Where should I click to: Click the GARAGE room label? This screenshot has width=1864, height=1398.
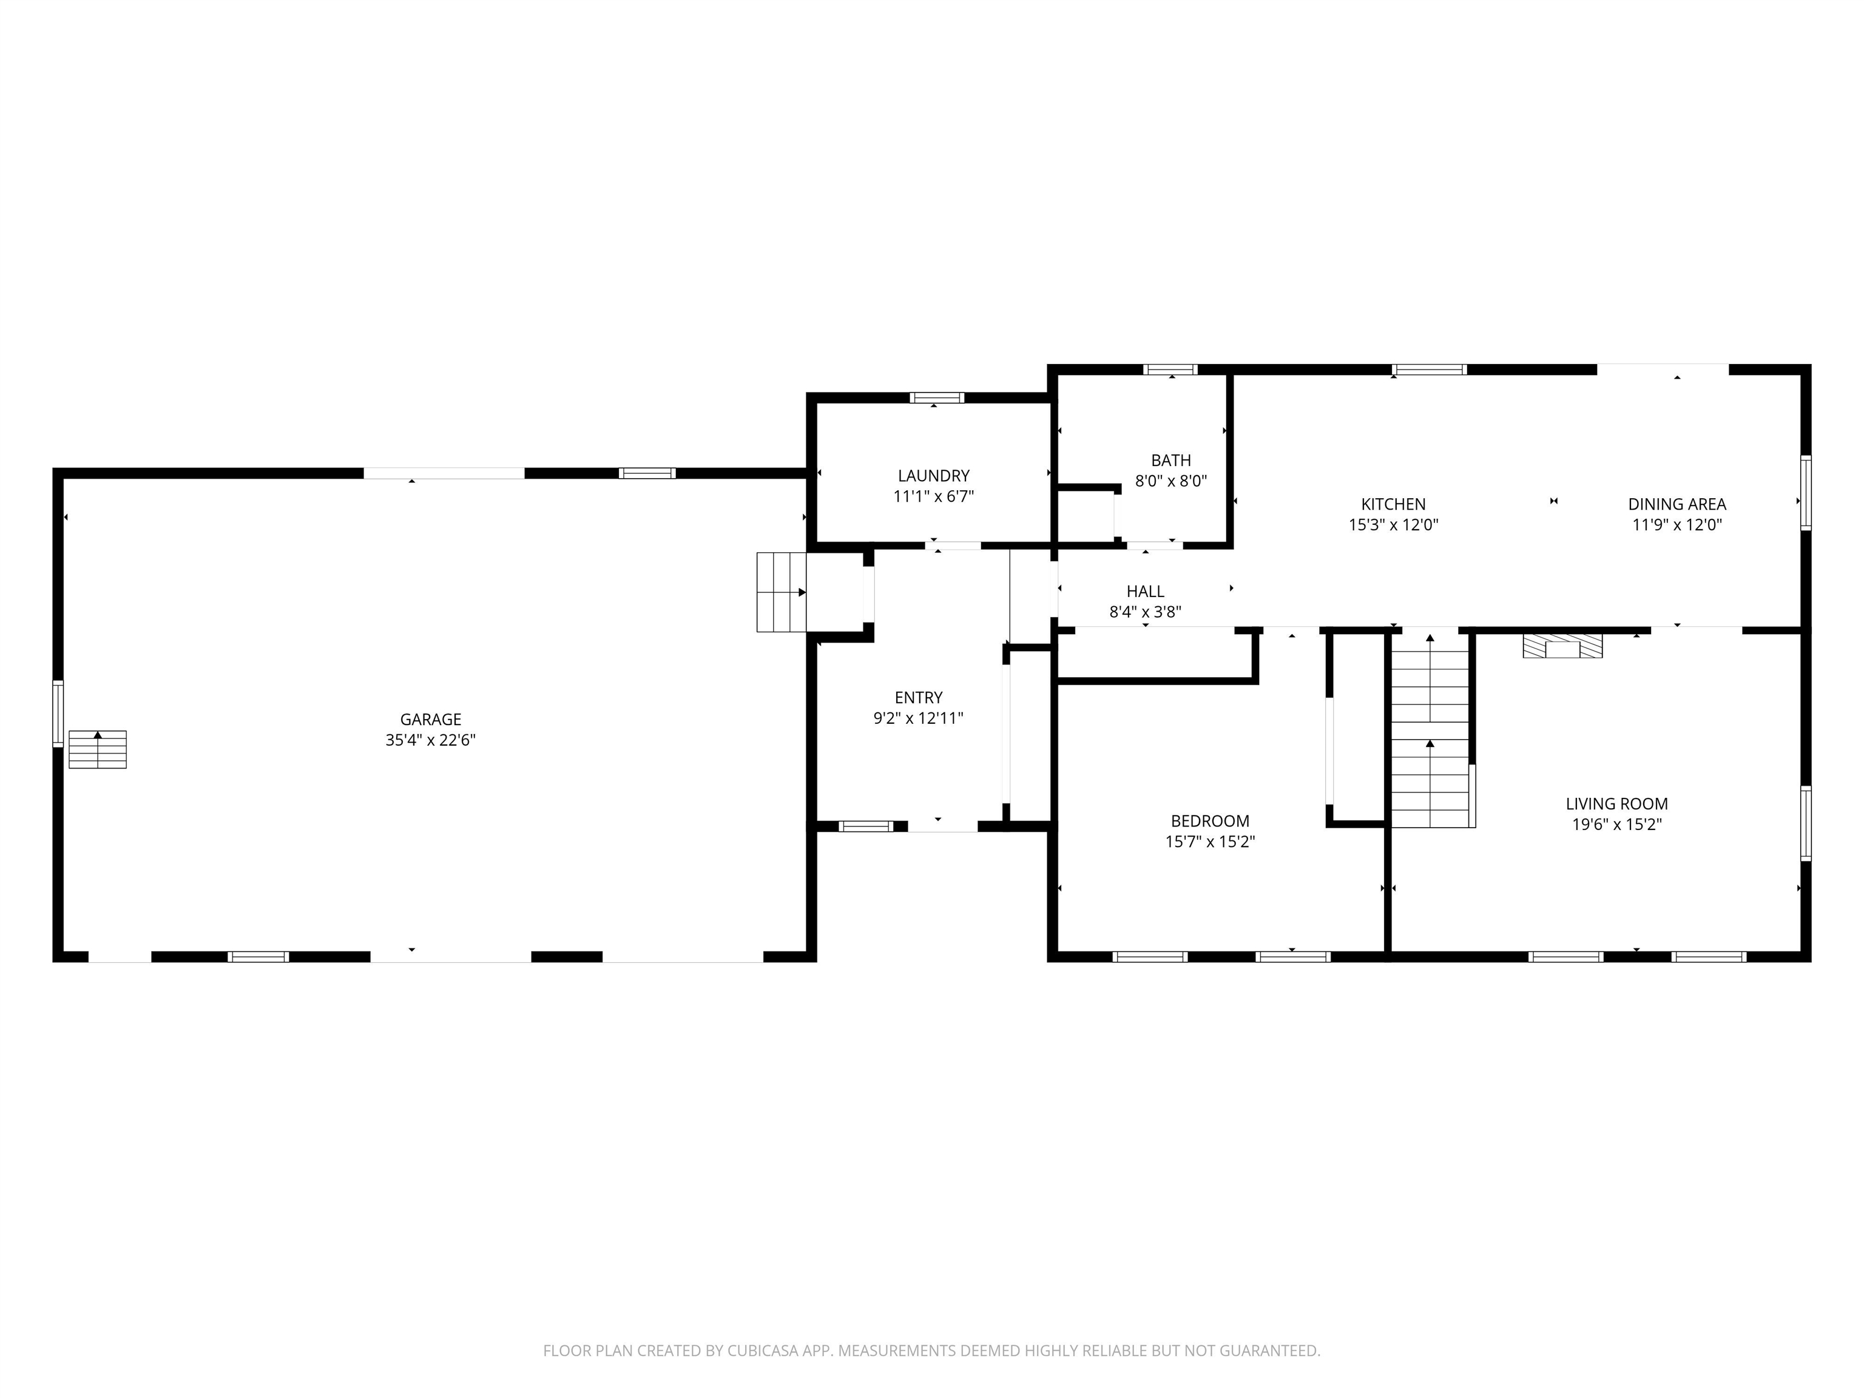[431, 719]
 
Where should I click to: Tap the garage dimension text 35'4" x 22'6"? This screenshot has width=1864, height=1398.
[431, 740]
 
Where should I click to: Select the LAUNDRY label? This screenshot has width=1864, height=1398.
[933, 475]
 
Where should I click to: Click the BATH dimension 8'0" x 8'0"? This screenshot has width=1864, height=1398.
[1170, 481]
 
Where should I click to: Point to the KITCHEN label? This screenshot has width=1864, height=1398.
[1393, 504]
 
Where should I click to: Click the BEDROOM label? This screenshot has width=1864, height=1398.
[1209, 821]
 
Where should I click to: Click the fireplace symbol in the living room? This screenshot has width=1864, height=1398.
[1561, 646]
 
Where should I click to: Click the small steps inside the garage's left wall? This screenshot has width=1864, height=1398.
[98, 749]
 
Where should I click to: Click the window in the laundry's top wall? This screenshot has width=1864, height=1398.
[936, 398]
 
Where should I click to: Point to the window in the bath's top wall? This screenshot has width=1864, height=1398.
[1170, 369]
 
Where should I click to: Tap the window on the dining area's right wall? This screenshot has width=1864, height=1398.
[1805, 493]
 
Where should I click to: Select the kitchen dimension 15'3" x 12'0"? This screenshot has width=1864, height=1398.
[1393, 524]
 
